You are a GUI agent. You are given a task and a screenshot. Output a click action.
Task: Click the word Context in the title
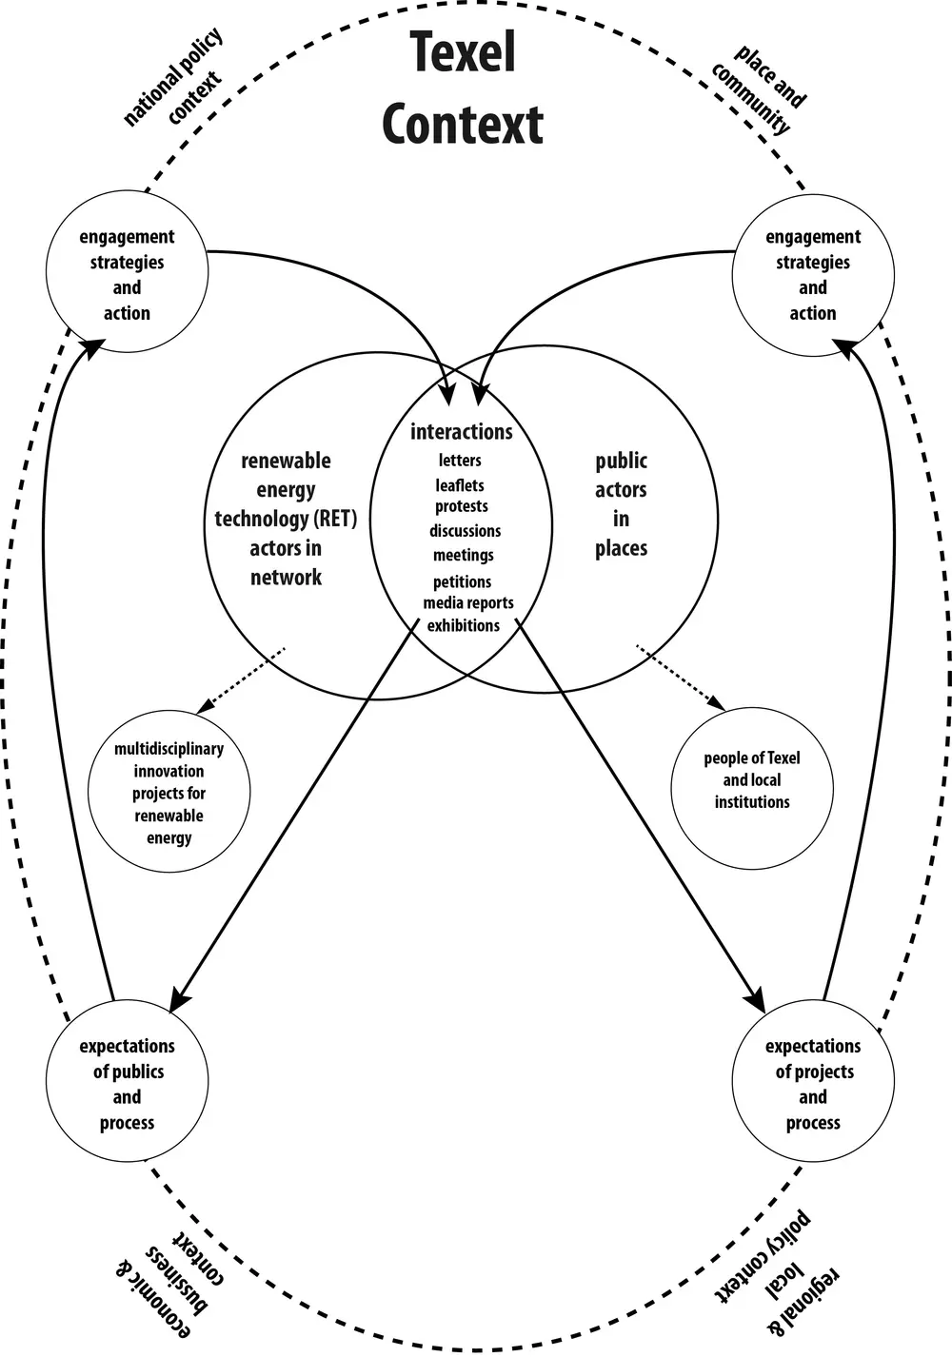pyautogui.click(x=463, y=125)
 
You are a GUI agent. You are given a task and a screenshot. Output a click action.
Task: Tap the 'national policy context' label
pyautogui.click(x=173, y=79)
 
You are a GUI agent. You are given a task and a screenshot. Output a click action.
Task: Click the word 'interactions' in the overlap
pyautogui.click(x=462, y=432)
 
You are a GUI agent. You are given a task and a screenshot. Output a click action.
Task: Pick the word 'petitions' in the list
pyautogui.click(x=462, y=581)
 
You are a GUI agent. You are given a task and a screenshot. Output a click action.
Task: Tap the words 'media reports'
pyautogui.click(x=468, y=603)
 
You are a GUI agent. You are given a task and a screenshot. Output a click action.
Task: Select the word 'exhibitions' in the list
pyautogui.click(x=463, y=626)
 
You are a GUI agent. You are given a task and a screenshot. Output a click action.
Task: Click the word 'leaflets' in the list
pyautogui.click(x=460, y=485)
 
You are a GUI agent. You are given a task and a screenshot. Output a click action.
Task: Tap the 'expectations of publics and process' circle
pyautogui.click(x=127, y=1083)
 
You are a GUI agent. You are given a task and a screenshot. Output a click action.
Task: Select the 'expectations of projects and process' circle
pyautogui.click(x=812, y=1083)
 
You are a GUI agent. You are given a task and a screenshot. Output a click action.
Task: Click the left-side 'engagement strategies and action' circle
pyautogui.click(x=127, y=274)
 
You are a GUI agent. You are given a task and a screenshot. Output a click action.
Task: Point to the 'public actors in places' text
pyautogui.click(x=621, y=504)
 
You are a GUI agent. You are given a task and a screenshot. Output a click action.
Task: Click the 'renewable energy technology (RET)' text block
pyautogui.click(x=286, y=519)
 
